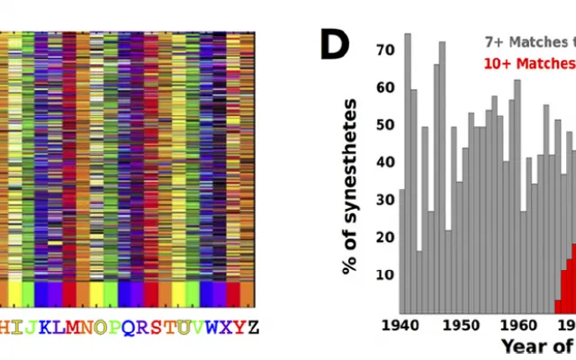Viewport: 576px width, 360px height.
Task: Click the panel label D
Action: pos(334,42)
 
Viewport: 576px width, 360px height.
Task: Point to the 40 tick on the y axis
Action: pos(385,161)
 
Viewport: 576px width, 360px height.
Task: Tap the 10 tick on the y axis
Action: pos(385,274)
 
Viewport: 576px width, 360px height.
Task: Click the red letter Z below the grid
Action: pos(253,327)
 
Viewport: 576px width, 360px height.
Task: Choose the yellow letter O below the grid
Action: pos(100,327)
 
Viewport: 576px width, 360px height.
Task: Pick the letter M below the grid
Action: pos(70,327)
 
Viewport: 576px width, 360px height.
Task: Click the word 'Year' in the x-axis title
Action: pos(526,346)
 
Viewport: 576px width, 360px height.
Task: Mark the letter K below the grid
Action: pos(42,327)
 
